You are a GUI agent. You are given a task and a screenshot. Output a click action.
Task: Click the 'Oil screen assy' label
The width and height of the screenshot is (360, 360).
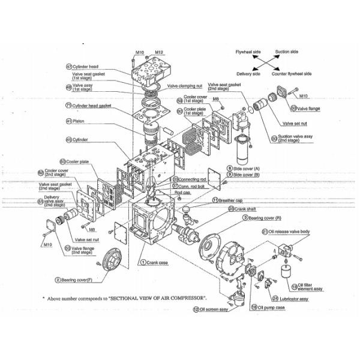214,310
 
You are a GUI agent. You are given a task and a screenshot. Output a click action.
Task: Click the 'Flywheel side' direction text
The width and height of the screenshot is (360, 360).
248,52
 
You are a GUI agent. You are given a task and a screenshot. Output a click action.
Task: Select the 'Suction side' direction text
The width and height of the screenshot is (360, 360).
287,52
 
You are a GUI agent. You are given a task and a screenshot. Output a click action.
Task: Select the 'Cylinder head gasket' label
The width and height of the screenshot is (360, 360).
92,105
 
